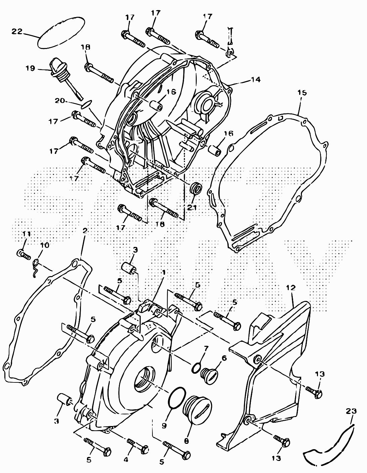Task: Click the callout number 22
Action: click(x=16, y=32)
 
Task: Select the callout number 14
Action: click(x=255, y=80)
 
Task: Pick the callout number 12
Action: click(x=291, y=287)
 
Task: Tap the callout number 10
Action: click(x=44, y=245)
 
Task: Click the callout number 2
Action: click(x=85, y=231)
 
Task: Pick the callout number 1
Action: click(x=164, y=272)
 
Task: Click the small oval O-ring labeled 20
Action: click(x=86, y=104)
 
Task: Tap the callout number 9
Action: click(x=164, y=426)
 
